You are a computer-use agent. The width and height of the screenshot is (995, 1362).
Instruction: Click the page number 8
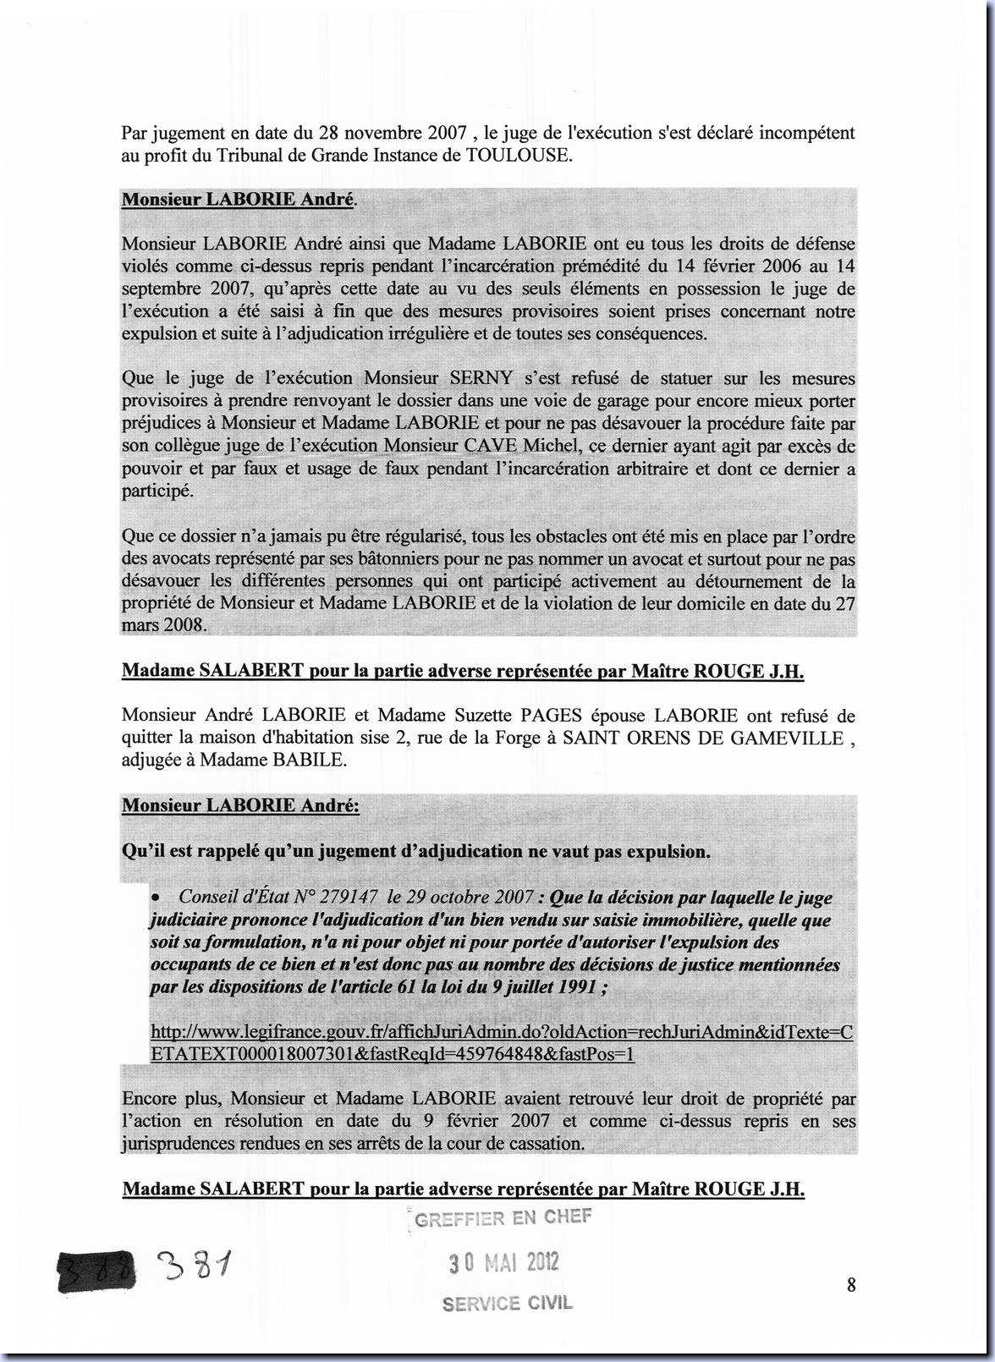click(x=851, y=1285)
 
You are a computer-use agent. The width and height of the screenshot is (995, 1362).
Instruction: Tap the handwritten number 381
click(x=193, y=1266)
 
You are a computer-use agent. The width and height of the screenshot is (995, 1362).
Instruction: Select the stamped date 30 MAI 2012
click(x=503, y=1263)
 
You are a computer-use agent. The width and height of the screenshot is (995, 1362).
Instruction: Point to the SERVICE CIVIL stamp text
click(x=507, y=1304)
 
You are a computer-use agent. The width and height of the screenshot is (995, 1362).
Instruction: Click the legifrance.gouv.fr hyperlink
click(x=501, y=1043)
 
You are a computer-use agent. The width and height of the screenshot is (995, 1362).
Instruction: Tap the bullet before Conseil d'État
click(x=156, y=896)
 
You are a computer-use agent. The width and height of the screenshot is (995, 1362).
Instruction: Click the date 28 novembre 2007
click(x=393, y=133)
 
